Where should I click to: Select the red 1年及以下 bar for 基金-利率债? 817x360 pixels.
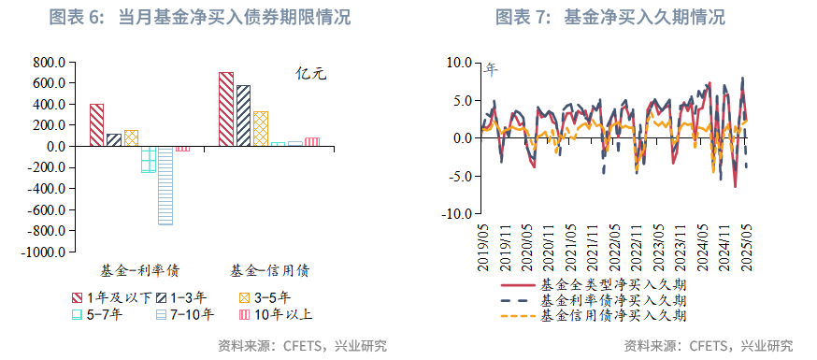(96, 124)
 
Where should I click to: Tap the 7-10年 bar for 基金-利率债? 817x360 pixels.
(165, 185)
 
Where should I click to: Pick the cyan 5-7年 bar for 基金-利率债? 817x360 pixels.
(148, 159)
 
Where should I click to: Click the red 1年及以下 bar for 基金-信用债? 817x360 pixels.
(225, 108)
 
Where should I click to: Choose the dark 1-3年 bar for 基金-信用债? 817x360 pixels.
(243, 115)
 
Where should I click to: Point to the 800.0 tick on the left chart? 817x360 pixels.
(48, 62)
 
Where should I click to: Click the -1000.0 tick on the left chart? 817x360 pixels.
(44, 252)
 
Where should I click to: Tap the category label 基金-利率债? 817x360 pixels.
(140, 271)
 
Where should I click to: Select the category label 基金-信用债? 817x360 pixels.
(270, 271)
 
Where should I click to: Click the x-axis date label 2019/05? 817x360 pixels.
(483, 249)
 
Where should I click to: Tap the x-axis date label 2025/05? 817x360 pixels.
(746, 249)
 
